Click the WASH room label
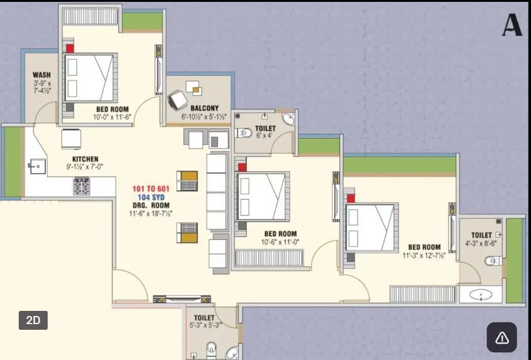pos(42,76)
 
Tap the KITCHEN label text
pos(85,159)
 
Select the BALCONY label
pos(204,108)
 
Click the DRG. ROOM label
pos(151,206)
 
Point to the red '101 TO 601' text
pos(151,189)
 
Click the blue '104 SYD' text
pos(151,197)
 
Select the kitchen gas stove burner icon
pos(82,186)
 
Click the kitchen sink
pos(36,167)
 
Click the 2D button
pos(33,320)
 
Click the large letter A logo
pos(512,25)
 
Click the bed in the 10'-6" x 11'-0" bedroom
pos(261,196)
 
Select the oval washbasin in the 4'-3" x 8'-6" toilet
pos(481,294)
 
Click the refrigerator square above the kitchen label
pos(71,138)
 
